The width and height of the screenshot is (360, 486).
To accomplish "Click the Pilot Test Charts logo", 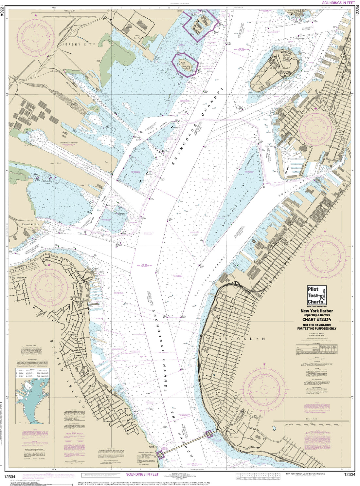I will (316, 296).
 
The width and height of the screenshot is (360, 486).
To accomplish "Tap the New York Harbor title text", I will (316, 311).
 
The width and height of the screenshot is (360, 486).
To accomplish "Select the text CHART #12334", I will (316, 320).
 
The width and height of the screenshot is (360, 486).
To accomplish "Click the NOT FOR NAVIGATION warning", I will (316, 325).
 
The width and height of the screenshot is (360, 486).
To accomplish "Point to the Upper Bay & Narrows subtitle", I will (316, 315).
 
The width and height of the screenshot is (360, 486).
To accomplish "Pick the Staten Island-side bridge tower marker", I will (160, 455).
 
